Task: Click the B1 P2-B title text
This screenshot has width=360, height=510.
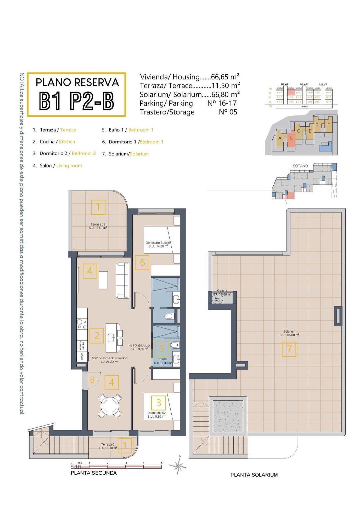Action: tap(76, 101)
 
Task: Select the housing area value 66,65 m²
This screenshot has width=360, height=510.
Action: tap(225, 77)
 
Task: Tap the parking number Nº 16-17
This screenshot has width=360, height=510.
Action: tap(222, 103)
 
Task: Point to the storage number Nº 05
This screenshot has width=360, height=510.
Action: tap(228, 112)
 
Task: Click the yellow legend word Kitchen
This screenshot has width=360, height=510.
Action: tap(67, 142)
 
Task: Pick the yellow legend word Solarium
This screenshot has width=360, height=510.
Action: tap(139, 154)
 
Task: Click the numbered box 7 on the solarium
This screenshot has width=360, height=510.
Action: tap(289, 349)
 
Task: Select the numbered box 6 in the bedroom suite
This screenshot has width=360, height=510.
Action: tap(142, 263)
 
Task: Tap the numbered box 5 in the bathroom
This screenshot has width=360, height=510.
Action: tap(162, 349)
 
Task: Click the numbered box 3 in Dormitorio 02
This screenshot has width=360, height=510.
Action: tap(159, 403)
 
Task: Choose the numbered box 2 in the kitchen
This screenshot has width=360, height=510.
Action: tap(97, 336)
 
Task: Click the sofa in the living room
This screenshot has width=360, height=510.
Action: tap(122, 280)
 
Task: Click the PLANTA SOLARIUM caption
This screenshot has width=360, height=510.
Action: tap(254, 475)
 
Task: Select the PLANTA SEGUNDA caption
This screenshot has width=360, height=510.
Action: tap(94, 473)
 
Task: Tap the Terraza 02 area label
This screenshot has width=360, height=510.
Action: tap(98, 226)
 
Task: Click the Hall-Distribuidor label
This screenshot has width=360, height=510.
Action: tap(139, 347)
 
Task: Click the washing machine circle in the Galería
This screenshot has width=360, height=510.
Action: tap(217, 299)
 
